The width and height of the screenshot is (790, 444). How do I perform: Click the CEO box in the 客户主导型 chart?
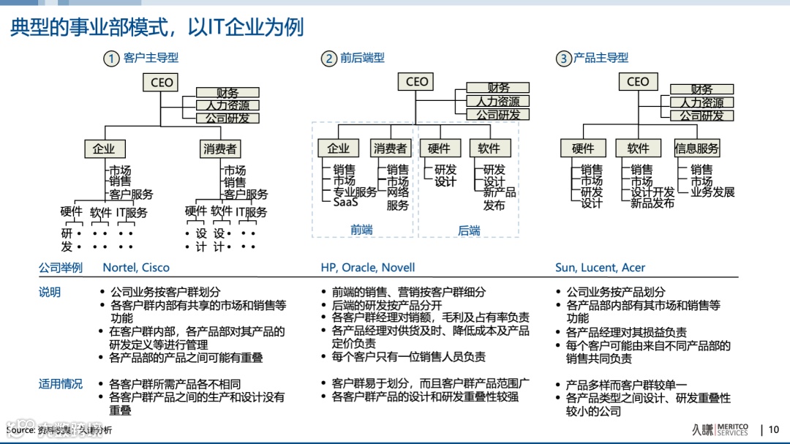coord(162,83)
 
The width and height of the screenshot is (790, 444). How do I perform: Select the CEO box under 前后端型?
coord(417,82)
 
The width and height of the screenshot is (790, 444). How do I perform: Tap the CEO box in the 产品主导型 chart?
coord(638,82)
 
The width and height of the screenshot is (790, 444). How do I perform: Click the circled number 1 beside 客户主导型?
coord(111,59)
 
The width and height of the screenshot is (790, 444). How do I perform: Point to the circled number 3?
coord(563,59)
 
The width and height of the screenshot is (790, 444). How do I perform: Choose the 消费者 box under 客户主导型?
coord(219,148)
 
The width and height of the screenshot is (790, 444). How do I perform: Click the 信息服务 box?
coord(696,148)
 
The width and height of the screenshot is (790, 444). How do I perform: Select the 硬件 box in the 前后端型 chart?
coord(439,148)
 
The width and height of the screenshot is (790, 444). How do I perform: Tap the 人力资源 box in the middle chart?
coord(497,102)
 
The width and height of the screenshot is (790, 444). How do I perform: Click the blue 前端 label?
coord(361,230)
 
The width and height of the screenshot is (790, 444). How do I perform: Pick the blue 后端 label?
coord(469,230)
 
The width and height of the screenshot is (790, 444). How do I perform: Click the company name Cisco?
coord(155,268)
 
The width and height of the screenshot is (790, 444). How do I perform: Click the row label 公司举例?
coord(61,268)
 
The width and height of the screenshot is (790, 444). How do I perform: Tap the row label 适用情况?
coord(61,384)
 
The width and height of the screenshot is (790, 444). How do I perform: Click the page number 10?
coord(774,429)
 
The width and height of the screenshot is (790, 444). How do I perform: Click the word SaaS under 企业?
coord(345,203)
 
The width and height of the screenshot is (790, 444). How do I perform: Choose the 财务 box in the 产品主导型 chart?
coord(701,89)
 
